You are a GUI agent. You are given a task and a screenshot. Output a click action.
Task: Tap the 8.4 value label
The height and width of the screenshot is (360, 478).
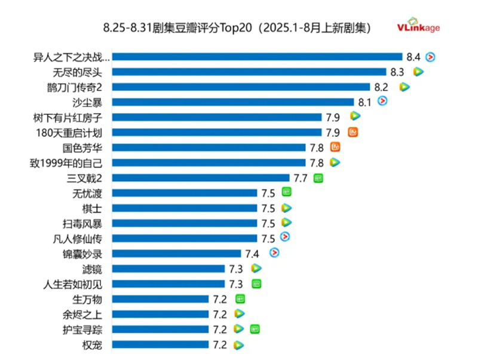413,57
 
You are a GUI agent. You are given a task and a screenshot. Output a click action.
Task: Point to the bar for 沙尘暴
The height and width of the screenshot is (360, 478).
233,102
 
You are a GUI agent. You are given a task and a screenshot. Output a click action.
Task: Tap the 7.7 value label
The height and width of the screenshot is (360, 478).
299,178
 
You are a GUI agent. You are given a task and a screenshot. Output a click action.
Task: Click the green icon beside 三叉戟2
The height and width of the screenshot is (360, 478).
318,178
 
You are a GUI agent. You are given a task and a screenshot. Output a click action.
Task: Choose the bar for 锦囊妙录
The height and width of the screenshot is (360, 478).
176,254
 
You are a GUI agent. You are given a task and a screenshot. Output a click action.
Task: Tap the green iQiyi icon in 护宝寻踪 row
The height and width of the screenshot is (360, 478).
255,329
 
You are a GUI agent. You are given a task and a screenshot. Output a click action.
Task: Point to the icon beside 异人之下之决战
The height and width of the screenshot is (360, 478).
430,57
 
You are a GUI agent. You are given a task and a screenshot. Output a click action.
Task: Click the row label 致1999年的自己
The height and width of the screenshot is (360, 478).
70,163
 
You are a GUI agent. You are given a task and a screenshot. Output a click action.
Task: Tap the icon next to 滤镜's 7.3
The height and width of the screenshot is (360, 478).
256,269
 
